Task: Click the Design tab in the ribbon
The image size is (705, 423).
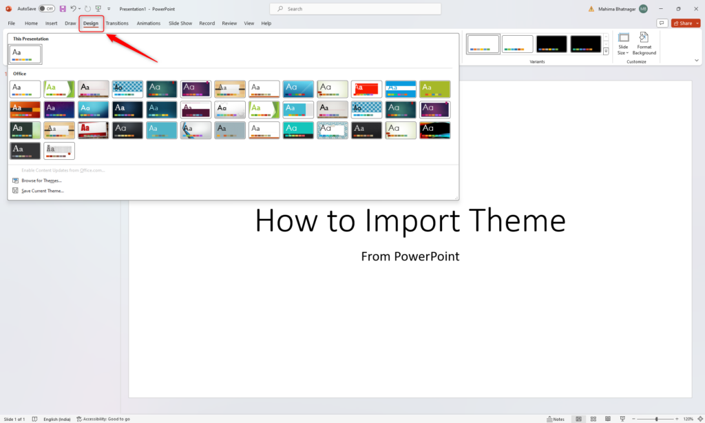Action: point(91,23)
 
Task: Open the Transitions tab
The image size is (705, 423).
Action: point(117,23)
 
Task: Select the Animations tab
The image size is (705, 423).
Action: point(149,23)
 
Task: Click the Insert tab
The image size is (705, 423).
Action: point(51,23)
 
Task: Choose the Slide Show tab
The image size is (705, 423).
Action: point(180,23)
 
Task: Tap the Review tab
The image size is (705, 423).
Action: point(229,23)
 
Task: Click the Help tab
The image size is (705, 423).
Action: point(266,23)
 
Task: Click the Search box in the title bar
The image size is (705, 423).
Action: point(355,9)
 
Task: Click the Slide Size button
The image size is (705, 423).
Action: point(622,43)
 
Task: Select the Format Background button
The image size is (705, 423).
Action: point(644,43)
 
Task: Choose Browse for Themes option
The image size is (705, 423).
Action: point(41,180)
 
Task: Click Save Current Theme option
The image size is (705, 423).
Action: point(42,191)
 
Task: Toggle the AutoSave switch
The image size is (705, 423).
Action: point(47,9)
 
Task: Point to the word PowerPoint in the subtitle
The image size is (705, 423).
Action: point(427,256)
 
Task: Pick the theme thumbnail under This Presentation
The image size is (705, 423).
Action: point(25,54)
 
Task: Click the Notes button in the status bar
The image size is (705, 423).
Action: point(556,419)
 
